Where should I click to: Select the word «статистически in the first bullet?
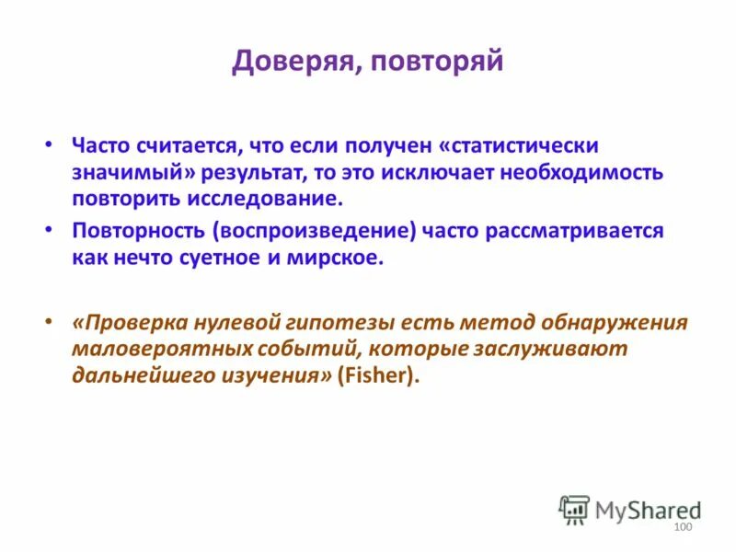tap(521, 146)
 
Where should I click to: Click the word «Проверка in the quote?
tap(129, 323)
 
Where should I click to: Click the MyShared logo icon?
tap(574, 510)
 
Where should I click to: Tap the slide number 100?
tap(682, 526)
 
